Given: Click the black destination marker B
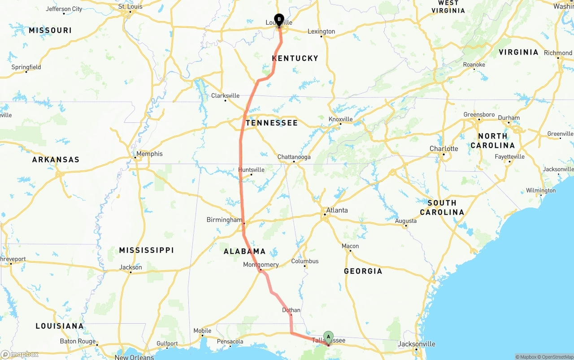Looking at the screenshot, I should pos(279,20).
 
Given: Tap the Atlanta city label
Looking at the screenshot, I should pos(337,210).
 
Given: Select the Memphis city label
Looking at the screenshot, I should pos(149,154).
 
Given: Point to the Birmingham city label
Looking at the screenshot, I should pos(224,220).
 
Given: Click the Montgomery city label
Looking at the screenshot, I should pos(261,265).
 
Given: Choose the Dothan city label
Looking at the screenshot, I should pos(291,310).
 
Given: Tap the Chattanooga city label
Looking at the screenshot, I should pos(294,157).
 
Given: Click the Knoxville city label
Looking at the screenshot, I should pos(340,119).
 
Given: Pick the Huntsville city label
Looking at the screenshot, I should pos(251,169).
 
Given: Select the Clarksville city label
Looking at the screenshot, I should pos(225,95).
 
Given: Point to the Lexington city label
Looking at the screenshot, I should pos(321,31).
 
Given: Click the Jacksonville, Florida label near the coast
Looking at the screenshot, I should pos(417,344).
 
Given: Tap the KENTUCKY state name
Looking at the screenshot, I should pos(295,58).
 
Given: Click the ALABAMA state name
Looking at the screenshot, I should pos(244,252).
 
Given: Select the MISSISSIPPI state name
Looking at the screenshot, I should pos(146,250).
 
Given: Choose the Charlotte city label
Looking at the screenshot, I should pos(444,148).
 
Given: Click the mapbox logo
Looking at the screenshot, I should pos(20,355).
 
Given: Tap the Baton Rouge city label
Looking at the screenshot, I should pos(78,341).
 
